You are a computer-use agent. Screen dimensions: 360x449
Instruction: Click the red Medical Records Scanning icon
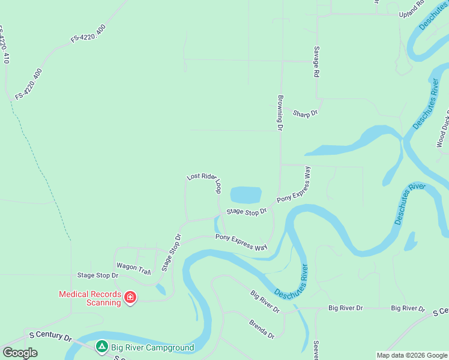(129, 298)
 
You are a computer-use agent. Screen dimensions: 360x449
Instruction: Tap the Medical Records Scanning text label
(89, 298)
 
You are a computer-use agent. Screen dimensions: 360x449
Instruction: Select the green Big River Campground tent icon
(102, 347)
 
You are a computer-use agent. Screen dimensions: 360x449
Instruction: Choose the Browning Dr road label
(280, 112)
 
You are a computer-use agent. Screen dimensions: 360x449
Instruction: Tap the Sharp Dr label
(305, 113)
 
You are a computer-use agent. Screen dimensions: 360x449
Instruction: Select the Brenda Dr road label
(262, 329)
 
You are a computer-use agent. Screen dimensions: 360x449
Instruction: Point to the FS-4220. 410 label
(4, 45)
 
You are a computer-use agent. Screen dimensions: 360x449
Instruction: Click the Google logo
(20, 353)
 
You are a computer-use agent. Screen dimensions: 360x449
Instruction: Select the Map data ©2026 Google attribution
(412, 355)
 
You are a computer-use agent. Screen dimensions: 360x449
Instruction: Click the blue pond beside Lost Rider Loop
(246, 195)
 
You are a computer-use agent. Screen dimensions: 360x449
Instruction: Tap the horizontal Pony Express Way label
(241, 243)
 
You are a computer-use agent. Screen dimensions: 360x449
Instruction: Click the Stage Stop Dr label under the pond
(246, 212)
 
